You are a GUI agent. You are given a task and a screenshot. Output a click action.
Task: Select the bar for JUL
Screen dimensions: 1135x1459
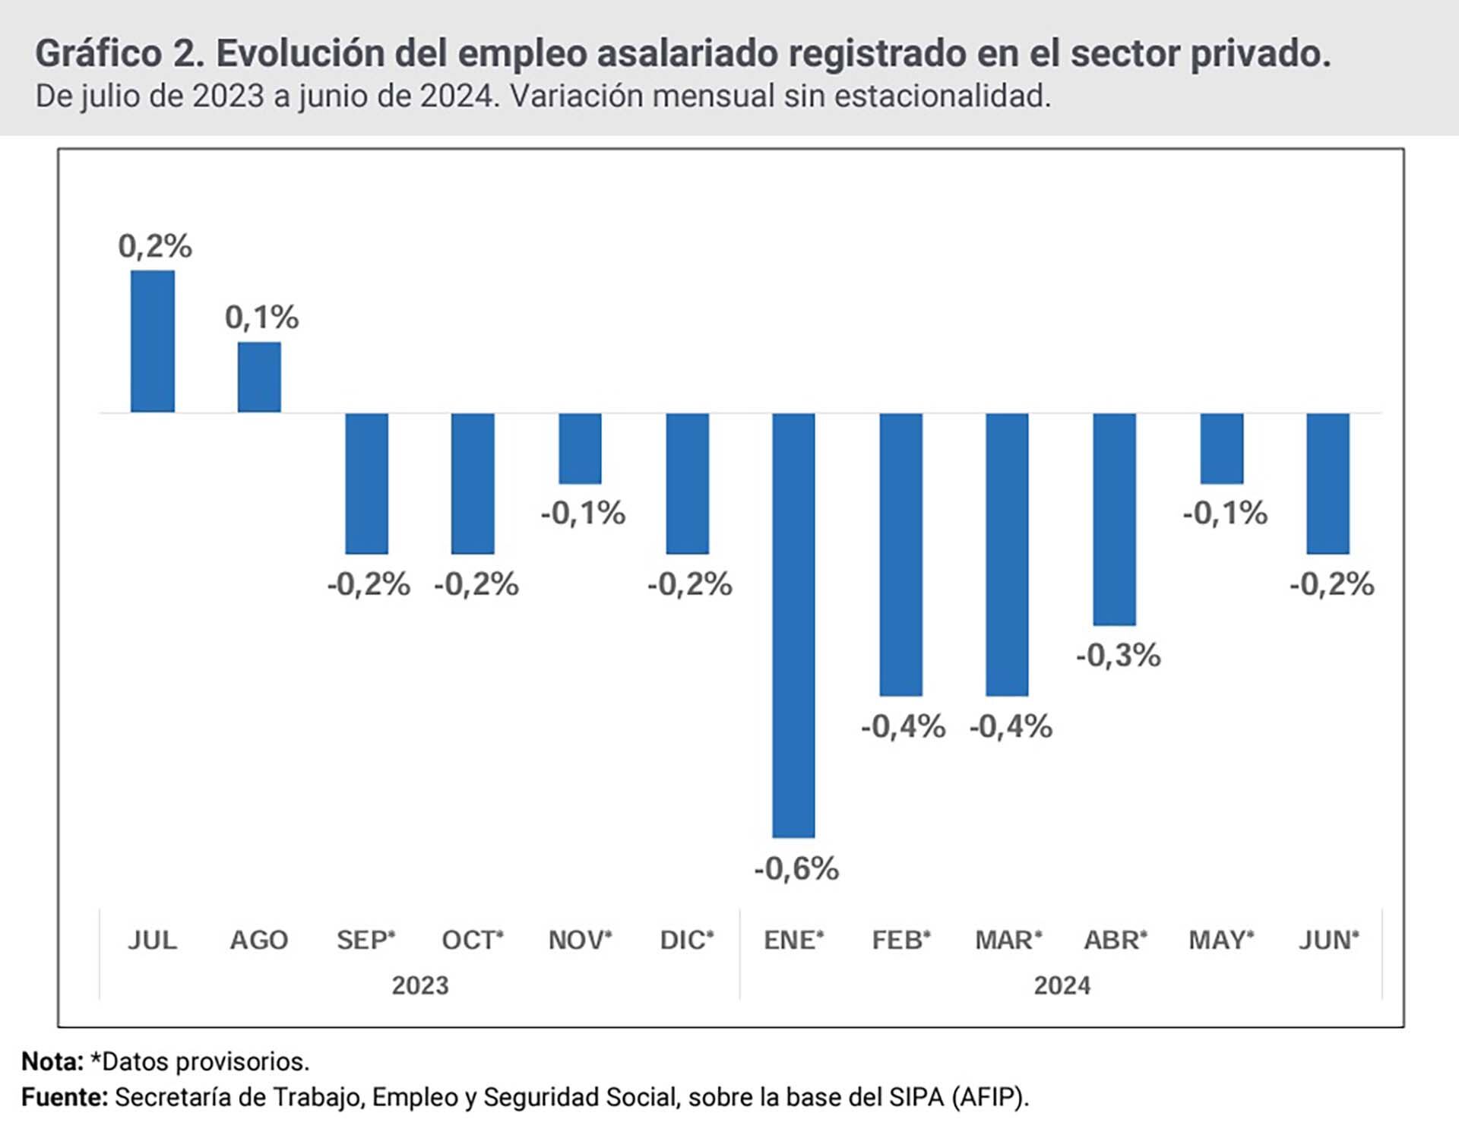coord(153,341)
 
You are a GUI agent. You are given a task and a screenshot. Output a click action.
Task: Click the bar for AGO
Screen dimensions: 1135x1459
coord(259,377)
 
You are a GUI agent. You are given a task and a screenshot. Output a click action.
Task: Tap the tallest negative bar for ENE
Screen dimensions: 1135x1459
coord(793,624)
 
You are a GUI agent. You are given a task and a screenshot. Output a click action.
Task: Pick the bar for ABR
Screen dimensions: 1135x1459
coord(1114,519)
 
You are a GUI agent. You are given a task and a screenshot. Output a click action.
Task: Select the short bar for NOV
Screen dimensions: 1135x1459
coord(580,448)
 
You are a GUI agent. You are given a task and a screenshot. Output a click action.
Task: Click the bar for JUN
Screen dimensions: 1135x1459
coord(1328,483)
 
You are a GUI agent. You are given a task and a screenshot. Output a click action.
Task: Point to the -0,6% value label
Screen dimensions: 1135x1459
coord(796,868)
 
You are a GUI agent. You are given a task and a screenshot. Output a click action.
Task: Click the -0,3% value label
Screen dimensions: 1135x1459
coord(1118,655)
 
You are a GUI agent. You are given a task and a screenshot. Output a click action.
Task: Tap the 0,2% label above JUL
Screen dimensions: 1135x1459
coord(155,246)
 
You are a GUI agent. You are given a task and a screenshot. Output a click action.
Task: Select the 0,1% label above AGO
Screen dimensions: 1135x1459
coord(261,318)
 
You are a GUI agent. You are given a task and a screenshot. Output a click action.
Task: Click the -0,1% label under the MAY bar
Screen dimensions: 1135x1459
coord(1224,514)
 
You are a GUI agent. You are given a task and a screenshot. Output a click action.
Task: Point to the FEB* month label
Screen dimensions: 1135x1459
coord(901,941)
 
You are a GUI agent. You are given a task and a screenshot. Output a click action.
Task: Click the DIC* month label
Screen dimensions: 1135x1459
coord(687,941)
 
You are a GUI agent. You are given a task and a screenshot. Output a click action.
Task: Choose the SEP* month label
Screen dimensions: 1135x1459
coord(366,941)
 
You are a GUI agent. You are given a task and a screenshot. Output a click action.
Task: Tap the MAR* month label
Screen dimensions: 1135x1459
coord(1008,941)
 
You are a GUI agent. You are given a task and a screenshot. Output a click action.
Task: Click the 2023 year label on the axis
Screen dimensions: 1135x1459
coord(420,985)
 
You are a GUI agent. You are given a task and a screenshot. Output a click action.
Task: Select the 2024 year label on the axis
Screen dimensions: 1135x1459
coord(1062,985)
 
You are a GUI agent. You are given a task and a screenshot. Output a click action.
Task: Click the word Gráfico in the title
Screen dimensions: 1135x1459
coord(98,53)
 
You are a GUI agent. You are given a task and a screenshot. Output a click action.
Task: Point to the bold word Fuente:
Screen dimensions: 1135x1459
coord(65,1097)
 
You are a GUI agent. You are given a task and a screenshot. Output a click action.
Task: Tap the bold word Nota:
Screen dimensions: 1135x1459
coord(52,1061)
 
